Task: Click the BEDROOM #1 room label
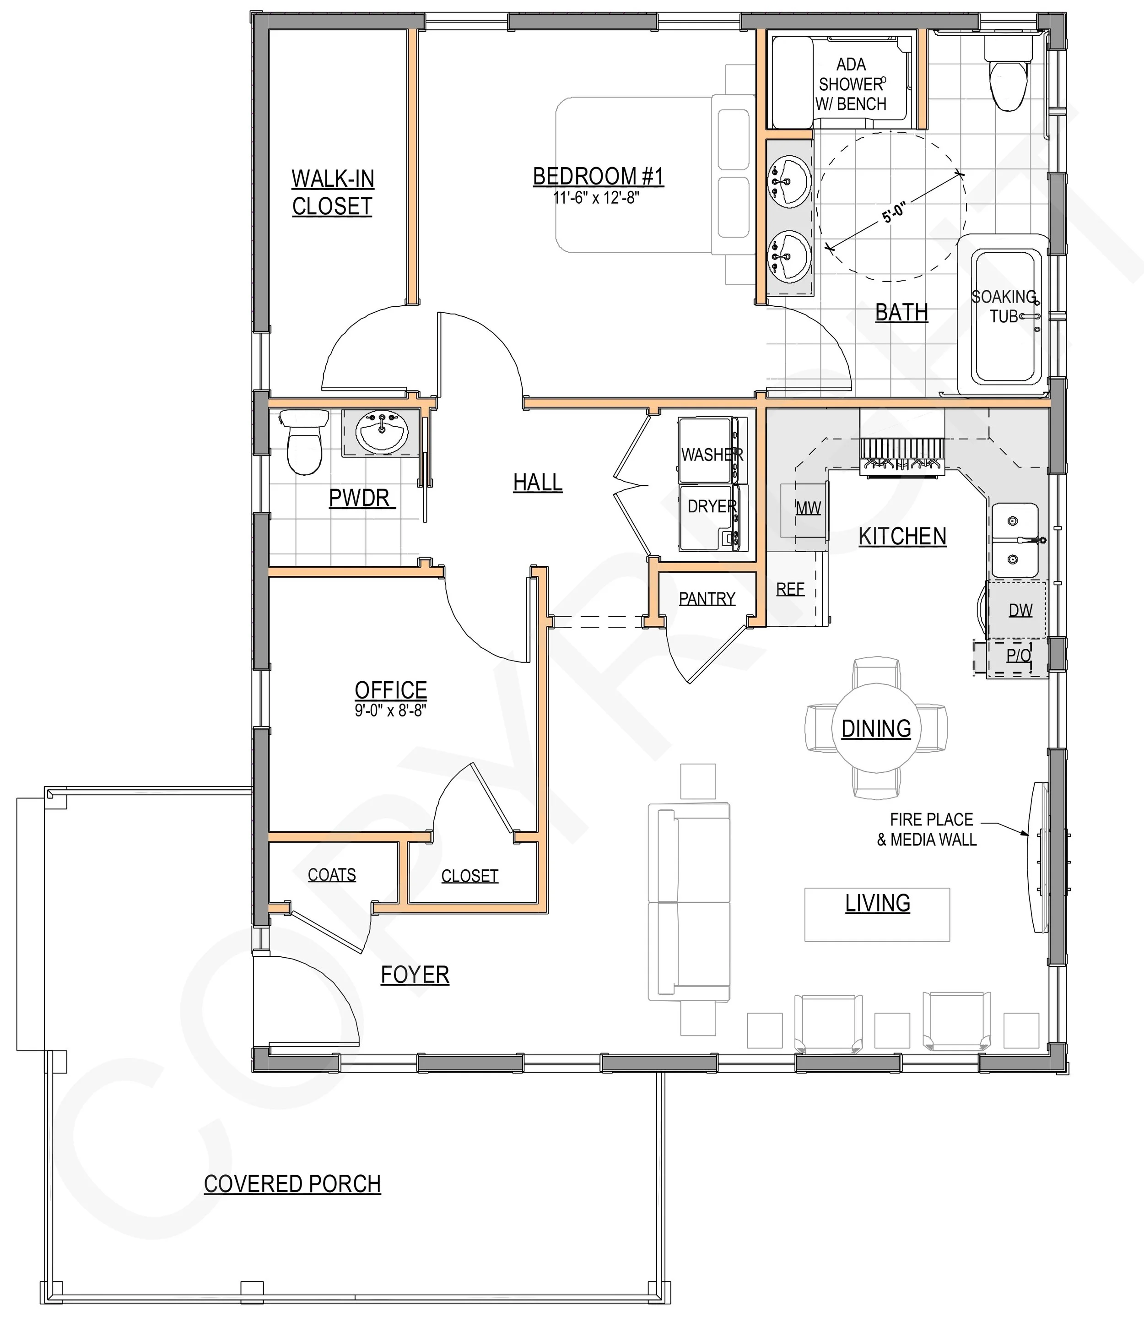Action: (x=598, y=176)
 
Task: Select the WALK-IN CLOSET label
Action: (x=333, y=192)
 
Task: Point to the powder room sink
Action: (x=382, y=432)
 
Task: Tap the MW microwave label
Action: (x=808, y=508)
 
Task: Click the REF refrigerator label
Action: (x=790, y=589)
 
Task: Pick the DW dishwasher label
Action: (x=1020, y=610)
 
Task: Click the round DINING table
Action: (x=876, y=729)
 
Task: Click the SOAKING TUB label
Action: (x=1004, y=306)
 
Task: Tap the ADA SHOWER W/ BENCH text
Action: (x=851, y=84)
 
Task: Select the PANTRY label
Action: (x=707, y=598)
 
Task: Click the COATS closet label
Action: (x=331, y=874)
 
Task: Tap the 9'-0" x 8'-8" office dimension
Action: (x=390, y=710)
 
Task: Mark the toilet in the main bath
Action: (x=1009, y=76)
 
